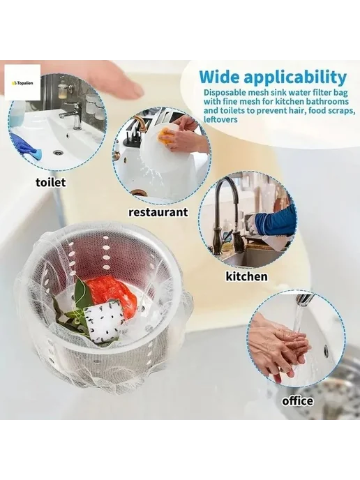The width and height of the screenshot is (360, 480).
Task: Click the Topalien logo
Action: [x=22, y=82]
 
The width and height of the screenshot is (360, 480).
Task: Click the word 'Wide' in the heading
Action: [x=220, y=77]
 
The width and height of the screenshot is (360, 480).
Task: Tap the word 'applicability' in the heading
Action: [x=295, y=78]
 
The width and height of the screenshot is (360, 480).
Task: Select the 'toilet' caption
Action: [x=50, y=183]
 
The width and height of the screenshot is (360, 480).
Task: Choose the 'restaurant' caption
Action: [x=158, y=212]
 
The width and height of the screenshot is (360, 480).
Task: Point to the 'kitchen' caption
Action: [x=246, y=276]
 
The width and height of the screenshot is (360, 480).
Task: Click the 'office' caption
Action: [x=297, y=400]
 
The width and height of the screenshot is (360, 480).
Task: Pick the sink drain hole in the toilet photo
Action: [x=57, y=152]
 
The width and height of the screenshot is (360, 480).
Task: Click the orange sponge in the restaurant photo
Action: [x=165, y=135]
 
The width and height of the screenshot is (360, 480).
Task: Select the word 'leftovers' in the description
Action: [x=220, y=119]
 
